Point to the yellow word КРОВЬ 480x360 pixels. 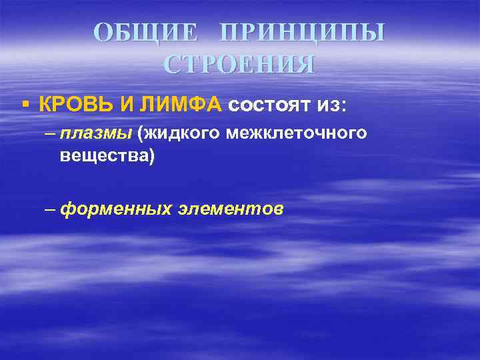point(71,104)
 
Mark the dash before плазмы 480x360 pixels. point(51,133)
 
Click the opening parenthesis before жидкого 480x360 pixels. point(141,133)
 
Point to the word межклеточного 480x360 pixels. point(296,133)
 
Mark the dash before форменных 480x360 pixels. point(51,209)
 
